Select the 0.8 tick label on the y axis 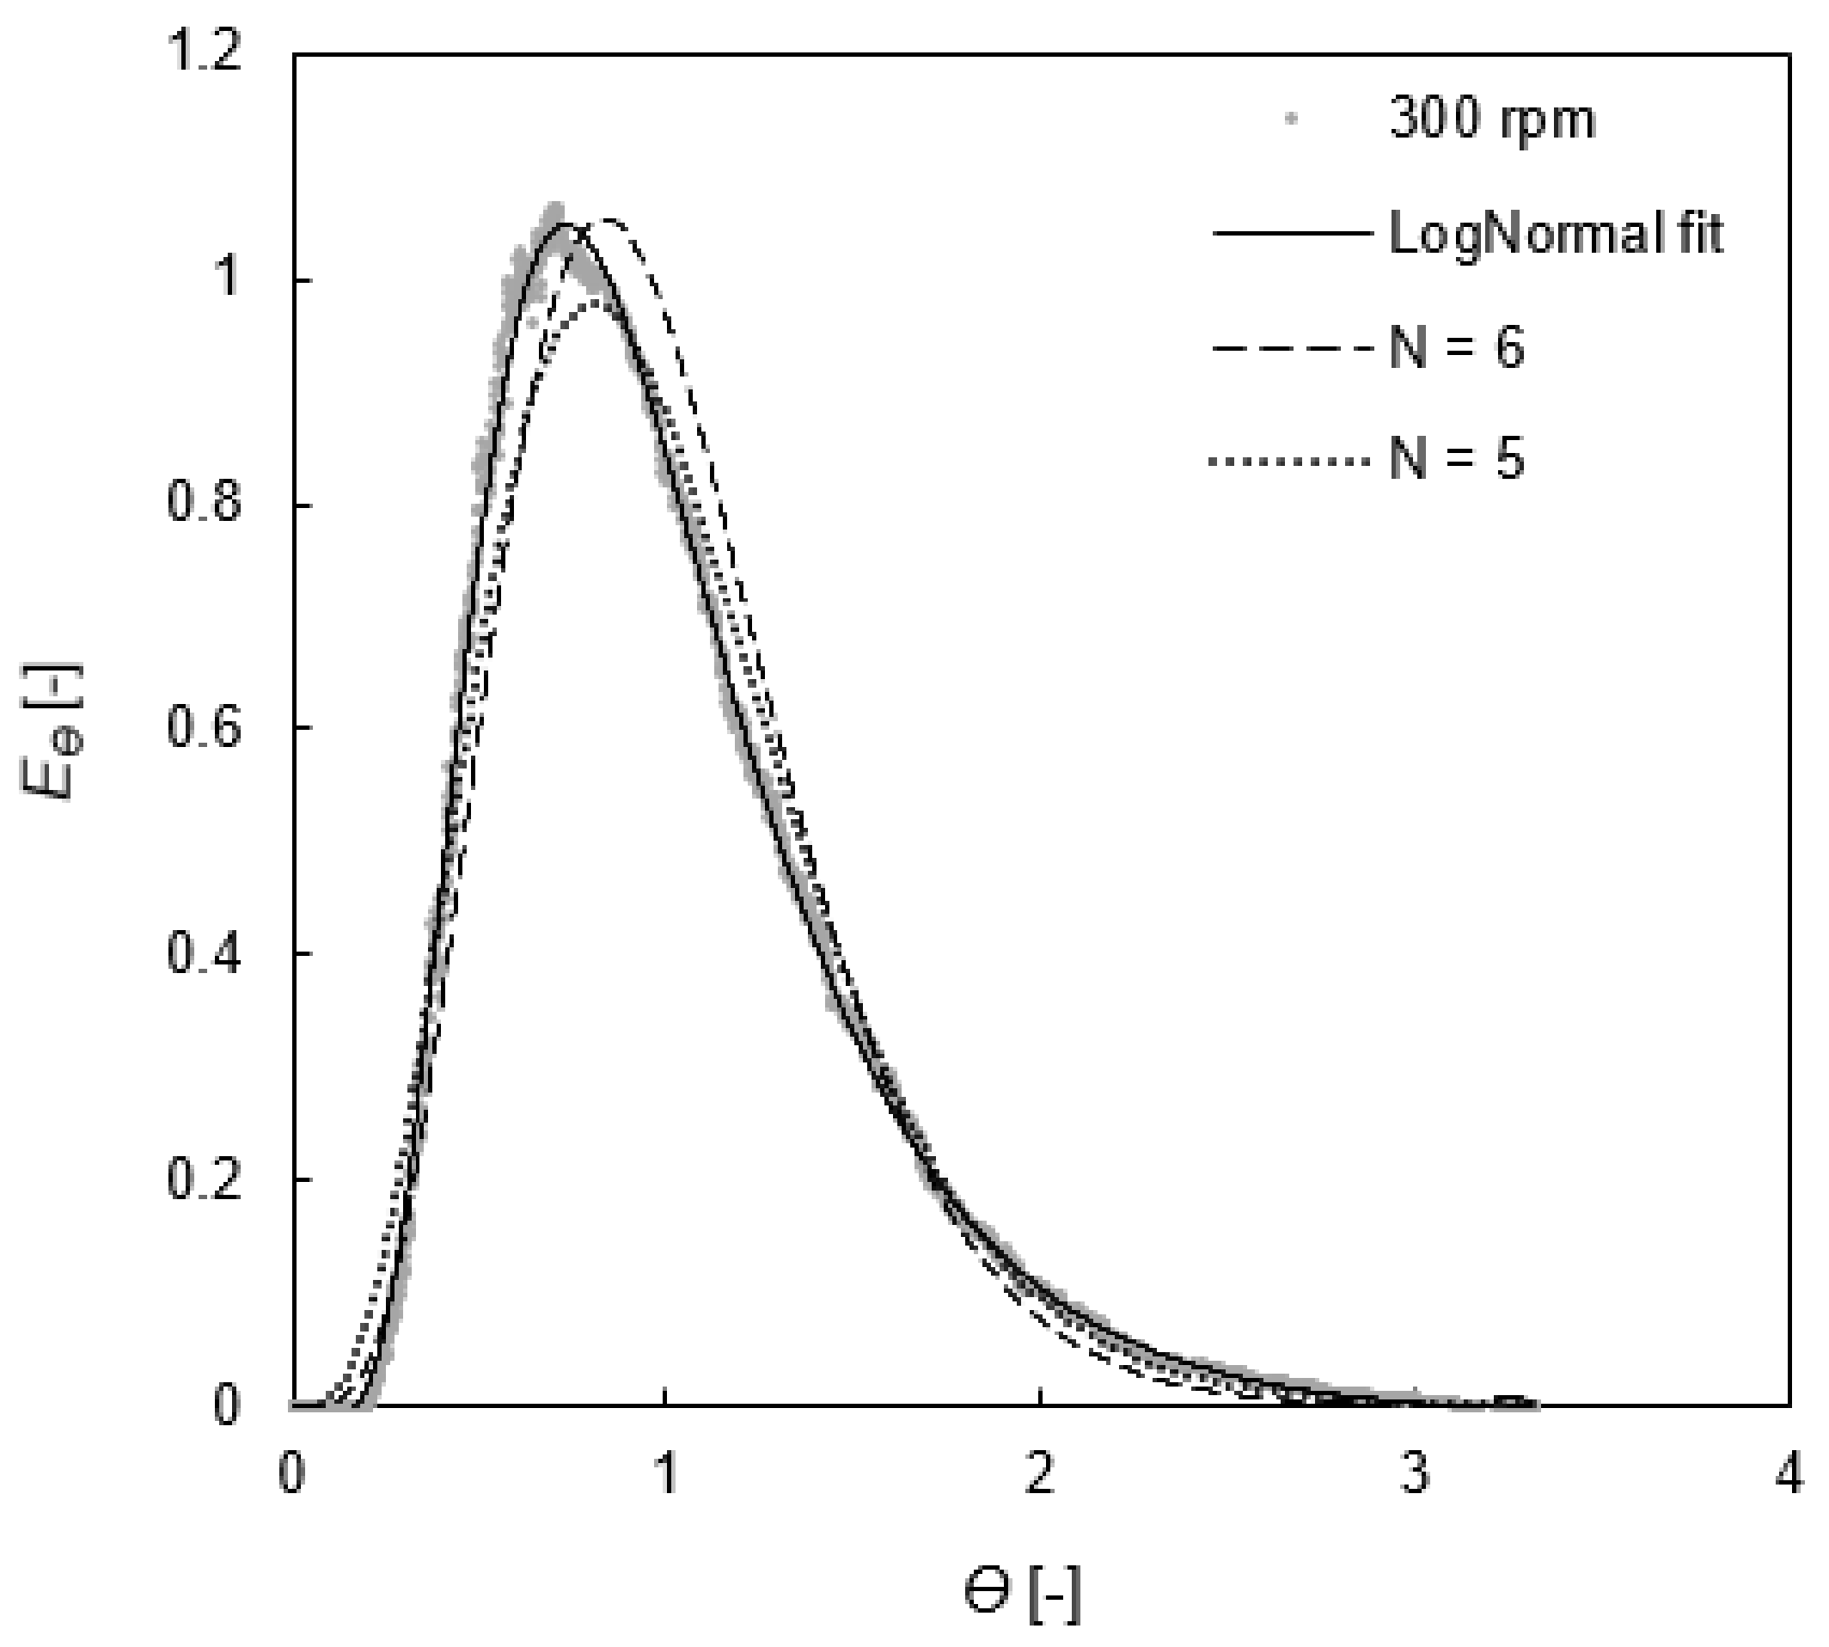[x=205, y=503]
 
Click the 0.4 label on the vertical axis [x=205, y=953]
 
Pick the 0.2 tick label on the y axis [x=205, y=1179]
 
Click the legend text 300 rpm [x=1491, y=119]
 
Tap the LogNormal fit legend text [x=1556, y=235]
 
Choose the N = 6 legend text [x=1456, y=346]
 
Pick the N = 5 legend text [x=1456, y=459]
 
